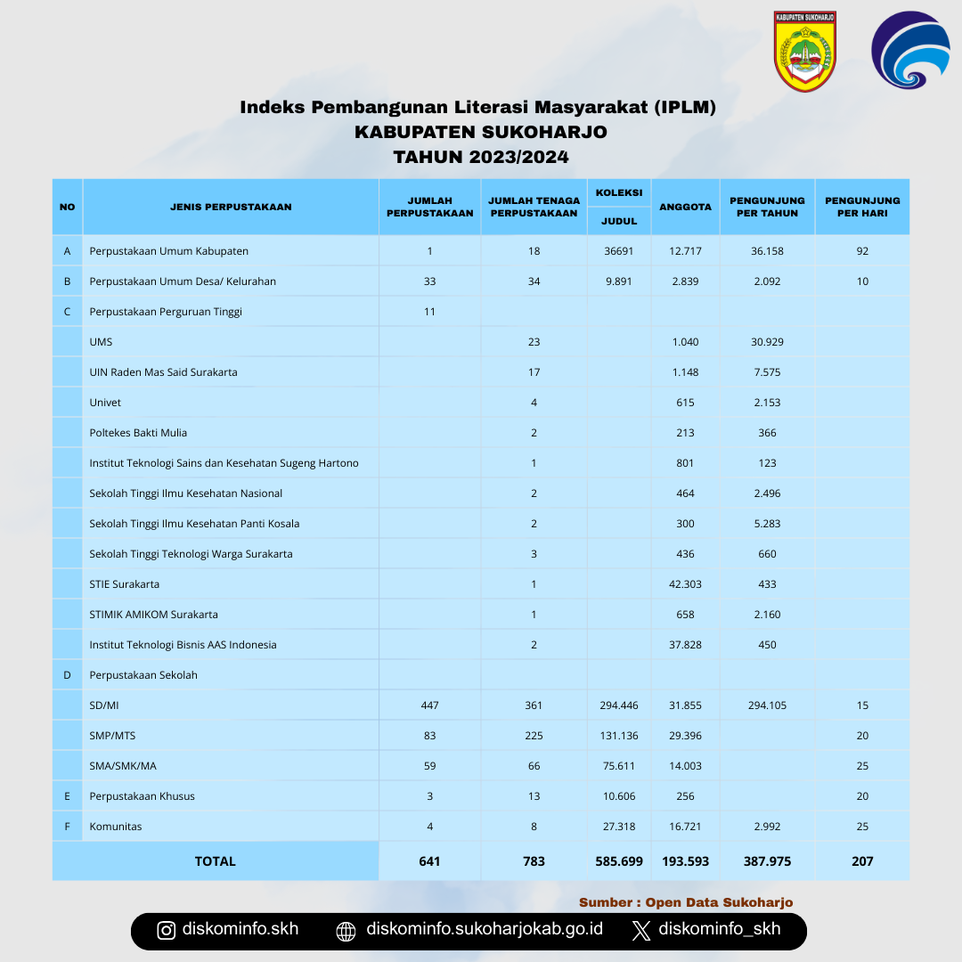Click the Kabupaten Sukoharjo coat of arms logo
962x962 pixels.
(804, 51)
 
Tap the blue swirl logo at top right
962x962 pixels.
(909, 51)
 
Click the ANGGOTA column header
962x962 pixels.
(685, 207)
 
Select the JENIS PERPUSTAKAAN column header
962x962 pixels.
(231, 207)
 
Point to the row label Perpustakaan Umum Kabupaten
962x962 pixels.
(168, 251)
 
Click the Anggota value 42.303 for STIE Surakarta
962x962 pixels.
(685, 584)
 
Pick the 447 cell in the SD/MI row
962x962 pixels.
(429, 705)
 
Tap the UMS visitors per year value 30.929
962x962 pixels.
(767, 342)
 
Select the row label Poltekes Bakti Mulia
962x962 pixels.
(138, 433)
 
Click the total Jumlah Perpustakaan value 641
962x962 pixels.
(429, 861)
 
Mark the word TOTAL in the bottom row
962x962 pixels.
(216, 861)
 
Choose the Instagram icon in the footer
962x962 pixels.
(167, 931)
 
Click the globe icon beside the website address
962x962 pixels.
(346, 932)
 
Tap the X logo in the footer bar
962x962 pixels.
(640, 931)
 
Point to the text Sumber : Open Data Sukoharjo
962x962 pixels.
(685, 902)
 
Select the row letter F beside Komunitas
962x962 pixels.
(67, 827)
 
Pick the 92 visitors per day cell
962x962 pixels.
(862, 251)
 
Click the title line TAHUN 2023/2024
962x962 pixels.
(481, 158)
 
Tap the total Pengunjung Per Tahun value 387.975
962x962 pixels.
(767, 861)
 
